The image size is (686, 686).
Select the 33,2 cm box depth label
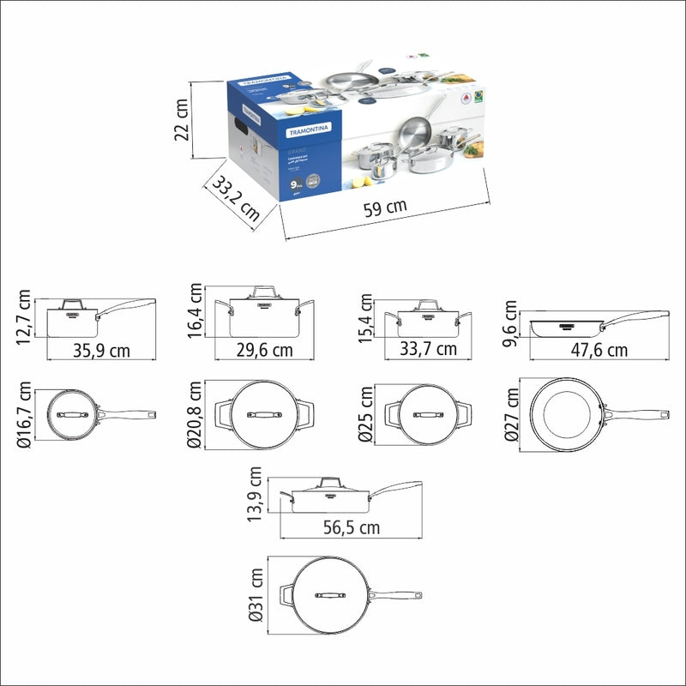[235, 198]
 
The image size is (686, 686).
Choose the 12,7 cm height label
[23, 318]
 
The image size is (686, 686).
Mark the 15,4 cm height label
[367, 318]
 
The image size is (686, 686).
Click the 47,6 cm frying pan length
[599, 350]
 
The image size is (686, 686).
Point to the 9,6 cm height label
[512, 323]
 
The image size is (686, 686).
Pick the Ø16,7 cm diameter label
[23, 415]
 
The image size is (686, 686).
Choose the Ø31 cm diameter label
[255, 593]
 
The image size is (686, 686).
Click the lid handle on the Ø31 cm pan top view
[329, 593]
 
